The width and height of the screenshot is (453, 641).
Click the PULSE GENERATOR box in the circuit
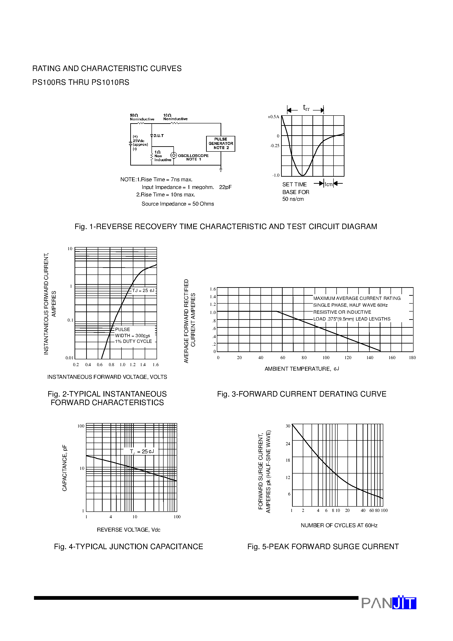pos(221,144)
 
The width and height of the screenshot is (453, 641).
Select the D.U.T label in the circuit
pos(158,136)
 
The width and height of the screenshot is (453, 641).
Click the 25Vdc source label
pos(139,141)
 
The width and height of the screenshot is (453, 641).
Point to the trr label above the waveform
pos(306,108)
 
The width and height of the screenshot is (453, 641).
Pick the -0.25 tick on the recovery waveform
pos(274,146)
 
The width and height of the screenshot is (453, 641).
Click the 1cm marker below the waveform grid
pos(328,184)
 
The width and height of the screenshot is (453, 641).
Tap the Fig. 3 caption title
pos(302,394)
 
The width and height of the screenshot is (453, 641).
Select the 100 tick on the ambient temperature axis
pos(326,358)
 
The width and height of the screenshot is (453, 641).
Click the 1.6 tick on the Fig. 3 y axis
pos(213,289)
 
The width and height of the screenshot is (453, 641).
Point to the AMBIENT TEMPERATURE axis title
pos(302,369)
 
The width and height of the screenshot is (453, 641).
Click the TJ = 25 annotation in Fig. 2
pos(143,291)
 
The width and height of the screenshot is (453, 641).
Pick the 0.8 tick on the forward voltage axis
pos(111,365)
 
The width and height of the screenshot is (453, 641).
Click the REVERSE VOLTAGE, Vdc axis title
pos(128,530)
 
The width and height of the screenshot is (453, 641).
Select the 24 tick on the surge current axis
pos(288,444)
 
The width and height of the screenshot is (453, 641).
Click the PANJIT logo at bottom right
pos(389,603)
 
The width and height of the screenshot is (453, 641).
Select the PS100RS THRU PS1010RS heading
pos(81,82)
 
